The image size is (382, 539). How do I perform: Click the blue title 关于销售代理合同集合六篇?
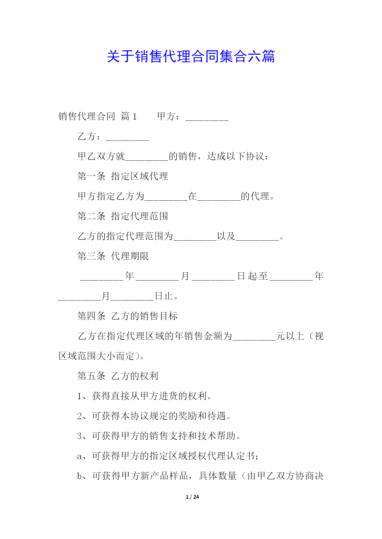191,57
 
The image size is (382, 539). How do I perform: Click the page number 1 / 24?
192,497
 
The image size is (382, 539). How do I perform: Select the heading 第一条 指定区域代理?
123,176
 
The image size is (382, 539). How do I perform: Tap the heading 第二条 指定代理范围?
123,216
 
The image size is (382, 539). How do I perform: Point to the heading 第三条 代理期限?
113,256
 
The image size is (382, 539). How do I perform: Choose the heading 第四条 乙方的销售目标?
128,316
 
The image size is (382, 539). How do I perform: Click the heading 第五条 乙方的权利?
118,376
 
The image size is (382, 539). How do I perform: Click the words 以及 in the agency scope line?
226,236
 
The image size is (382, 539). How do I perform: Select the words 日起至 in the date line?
252,276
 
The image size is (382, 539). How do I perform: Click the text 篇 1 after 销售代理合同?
129,116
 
